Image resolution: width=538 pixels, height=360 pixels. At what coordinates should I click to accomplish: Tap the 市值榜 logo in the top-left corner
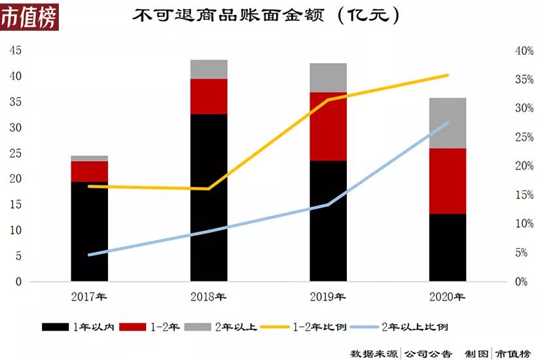29,16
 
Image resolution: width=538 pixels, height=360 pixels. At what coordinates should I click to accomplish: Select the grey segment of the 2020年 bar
448,123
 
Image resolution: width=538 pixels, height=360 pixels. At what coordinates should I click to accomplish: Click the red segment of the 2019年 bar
328,126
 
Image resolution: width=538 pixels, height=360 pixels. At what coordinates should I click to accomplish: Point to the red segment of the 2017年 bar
90,171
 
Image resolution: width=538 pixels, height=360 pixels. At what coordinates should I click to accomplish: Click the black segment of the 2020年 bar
448,247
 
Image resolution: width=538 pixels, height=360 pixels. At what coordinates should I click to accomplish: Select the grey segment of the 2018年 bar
209,69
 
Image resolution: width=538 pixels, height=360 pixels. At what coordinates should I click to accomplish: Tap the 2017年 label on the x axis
90,297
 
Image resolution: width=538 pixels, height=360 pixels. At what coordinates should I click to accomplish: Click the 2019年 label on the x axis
328,297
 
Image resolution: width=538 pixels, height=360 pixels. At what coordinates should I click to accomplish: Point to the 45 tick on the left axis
14,50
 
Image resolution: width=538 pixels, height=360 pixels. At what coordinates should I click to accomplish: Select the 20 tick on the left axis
14,179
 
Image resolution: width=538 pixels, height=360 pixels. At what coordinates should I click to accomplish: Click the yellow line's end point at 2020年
448,75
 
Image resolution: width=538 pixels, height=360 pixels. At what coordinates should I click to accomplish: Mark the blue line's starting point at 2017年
89,255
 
